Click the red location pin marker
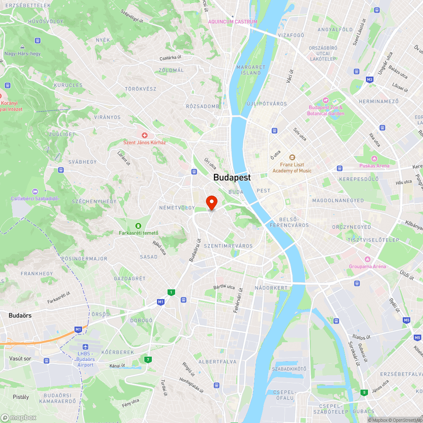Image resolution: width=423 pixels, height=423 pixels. click(211, 203)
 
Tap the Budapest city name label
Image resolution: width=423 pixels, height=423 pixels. click(232, 178)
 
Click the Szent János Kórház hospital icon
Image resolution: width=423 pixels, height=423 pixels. click(144, 135)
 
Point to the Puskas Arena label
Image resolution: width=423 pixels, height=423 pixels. click(374, 166)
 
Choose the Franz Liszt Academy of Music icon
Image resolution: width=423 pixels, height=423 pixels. click(292, 157)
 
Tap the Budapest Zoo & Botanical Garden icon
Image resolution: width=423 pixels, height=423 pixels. click(326, 100)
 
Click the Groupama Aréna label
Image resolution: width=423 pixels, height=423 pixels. click(367, 266)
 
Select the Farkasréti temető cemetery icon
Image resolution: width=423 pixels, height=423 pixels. click(138, 225)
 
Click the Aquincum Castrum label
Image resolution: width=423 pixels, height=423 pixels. click(232, 22)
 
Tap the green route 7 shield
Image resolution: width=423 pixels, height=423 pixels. click(148, 360)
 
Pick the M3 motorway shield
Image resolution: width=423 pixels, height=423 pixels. click(370, 80)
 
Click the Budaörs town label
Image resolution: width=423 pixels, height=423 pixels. click(20, 316)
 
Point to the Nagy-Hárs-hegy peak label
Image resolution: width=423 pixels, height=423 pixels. click(22, 54)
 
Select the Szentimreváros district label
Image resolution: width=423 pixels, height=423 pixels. click(228, 246)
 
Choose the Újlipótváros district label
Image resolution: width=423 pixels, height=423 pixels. click(267, 104)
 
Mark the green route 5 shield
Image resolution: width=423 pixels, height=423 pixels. click(364, 393)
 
